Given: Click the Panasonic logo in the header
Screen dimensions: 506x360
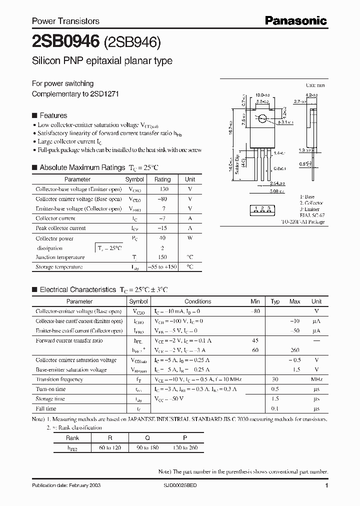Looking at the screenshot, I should point(295,20).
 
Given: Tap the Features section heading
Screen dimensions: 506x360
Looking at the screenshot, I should point(53,115).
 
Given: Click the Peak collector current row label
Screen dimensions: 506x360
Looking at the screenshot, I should point(60,228).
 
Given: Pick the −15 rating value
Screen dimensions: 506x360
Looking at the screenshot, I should point(162,228).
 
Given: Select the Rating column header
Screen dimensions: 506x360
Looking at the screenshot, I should point(162,179).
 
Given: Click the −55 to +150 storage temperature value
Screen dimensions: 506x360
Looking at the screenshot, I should point(162,267).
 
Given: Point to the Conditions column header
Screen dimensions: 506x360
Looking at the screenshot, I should point(197,301).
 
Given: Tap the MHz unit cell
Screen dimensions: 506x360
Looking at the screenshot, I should point(316,379).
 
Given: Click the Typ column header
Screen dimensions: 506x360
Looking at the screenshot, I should point(275,301).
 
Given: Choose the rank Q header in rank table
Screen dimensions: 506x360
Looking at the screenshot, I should point(147,437).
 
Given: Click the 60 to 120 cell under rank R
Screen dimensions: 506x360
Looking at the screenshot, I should point(110,447).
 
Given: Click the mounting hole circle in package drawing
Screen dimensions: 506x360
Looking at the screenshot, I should point(261,119).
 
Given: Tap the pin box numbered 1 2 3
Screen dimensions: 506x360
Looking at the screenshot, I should point(262,208).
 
